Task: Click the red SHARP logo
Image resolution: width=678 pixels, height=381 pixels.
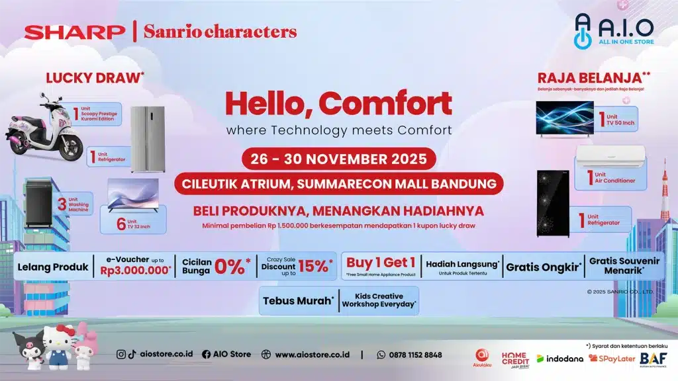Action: [x=74, y=31]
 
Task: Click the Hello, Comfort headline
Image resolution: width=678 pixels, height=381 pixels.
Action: [x=338, y=103]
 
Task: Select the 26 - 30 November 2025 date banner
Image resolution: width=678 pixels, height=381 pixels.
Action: [x=338, y=159]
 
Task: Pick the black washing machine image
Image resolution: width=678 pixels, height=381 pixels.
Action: [x=42, y=202]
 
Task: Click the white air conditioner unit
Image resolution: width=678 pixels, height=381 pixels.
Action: [x=608, y=159]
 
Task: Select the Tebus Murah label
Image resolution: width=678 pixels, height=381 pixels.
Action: [x=297, y=300]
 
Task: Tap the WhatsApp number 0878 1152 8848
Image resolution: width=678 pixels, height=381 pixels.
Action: [x=414, y=355]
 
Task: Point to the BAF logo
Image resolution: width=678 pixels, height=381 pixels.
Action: [x=653, y=357]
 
